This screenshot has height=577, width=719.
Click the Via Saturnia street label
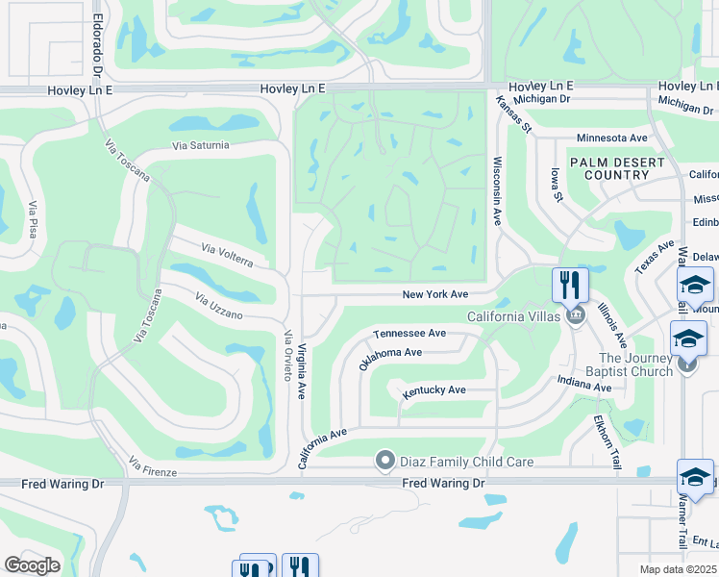coord(201,145)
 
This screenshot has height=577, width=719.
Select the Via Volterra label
coord(227,255)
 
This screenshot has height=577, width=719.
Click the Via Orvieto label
coord(287,356)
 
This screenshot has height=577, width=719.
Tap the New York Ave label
coord(434,294)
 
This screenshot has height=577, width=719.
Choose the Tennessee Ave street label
coord(409,333)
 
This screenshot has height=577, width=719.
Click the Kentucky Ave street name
coord(434,389)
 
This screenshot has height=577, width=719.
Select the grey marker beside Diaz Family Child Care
coord(385,462)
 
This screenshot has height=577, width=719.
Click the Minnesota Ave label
coord(611,138)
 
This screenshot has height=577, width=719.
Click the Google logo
coord(33,564)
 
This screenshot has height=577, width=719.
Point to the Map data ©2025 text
coord(679,569)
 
